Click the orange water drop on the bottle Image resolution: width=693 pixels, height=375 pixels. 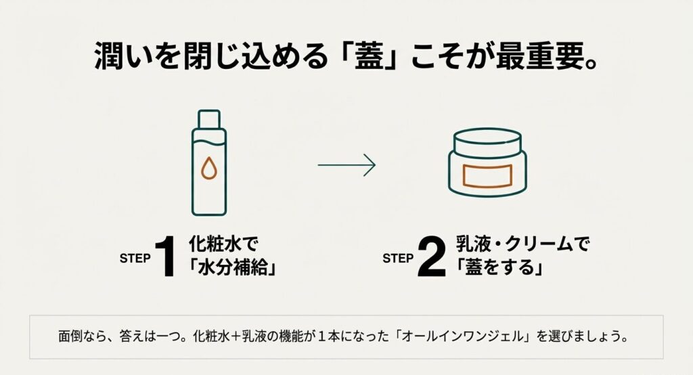pyautogui.click(x=208, y=171)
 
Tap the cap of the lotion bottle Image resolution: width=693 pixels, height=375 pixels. pyautogui.click(x=208, y=119)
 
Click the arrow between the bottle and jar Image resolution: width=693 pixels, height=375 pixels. pyautogui.click(x=346, y=164)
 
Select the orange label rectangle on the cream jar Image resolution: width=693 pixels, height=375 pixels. pyautogui.click(x=487, y=175)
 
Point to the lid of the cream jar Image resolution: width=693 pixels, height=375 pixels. pyautogui.click(x=487, y=141)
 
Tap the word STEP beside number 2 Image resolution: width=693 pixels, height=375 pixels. pyautogui.click(x=397, y=258)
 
